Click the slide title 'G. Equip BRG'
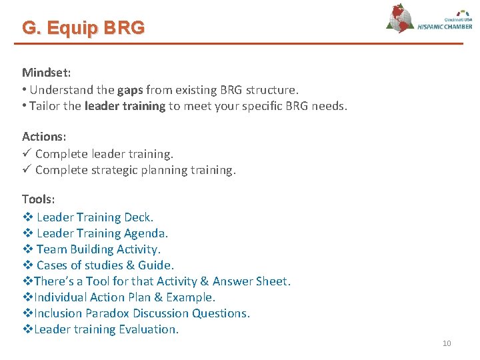tap(83, 28)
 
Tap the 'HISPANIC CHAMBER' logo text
tap(445, 26)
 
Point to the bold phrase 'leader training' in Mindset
tap(125, 105)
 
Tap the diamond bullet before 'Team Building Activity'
tap(27, 249)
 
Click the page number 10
tap(447, 343)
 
